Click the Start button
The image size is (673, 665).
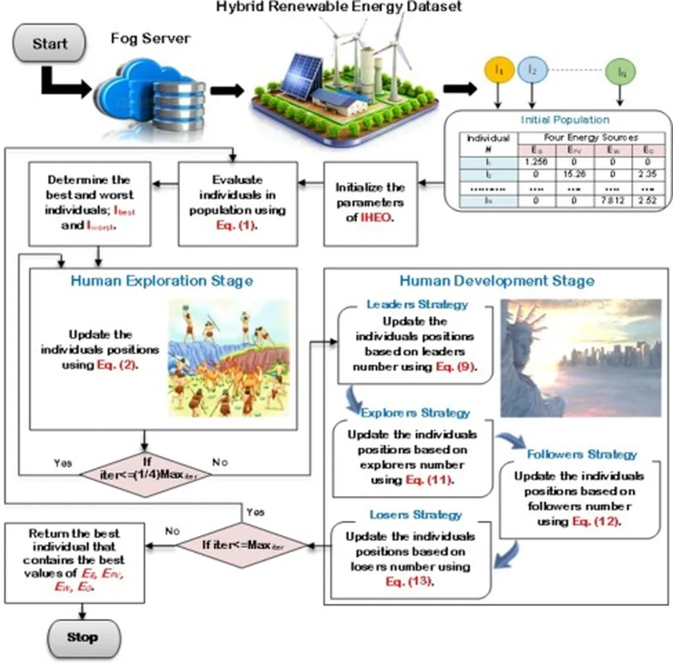click(50, 44)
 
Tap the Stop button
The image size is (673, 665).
click(82, 637)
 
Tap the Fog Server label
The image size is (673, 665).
click(151, 38)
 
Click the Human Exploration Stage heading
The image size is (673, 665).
click(162, 281)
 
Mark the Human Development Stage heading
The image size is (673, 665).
click(497, 281)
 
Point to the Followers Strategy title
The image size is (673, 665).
click(582, 455)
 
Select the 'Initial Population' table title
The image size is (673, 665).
click(565, 120)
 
